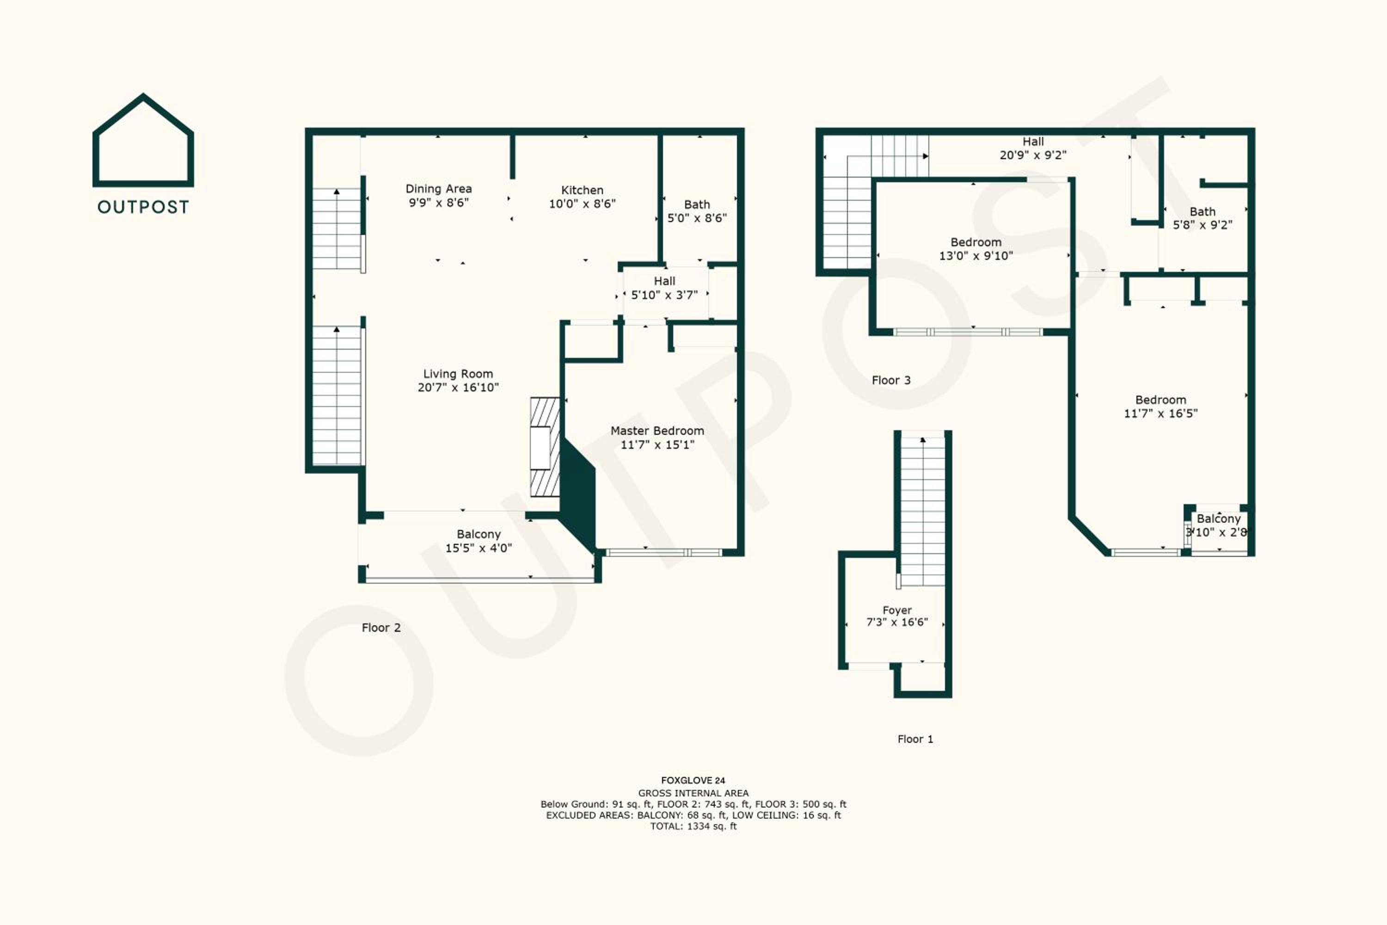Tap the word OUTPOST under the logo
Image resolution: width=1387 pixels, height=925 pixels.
coord(143,207)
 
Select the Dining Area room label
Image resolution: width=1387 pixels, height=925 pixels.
coord(438,189)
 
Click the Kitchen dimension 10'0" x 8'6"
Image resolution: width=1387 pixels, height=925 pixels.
coord(582,203)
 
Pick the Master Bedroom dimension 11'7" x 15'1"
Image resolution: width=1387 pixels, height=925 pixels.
coord(657,445)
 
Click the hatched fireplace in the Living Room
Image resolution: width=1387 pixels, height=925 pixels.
coord(545,447)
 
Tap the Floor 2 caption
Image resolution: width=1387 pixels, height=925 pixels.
coord(381,628)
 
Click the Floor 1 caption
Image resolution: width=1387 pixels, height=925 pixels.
coord(915,739)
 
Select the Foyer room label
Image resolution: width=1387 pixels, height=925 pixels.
coord(897,610)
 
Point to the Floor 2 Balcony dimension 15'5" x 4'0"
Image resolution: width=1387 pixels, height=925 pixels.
coord(478,548)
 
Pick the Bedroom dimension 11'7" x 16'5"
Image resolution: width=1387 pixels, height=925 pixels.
coord(1160,413)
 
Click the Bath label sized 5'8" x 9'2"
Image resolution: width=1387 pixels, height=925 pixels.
coord(1203,211)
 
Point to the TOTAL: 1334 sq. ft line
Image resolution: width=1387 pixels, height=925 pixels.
coord(693,826)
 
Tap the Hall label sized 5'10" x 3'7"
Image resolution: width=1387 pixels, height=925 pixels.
coord(665,281)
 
